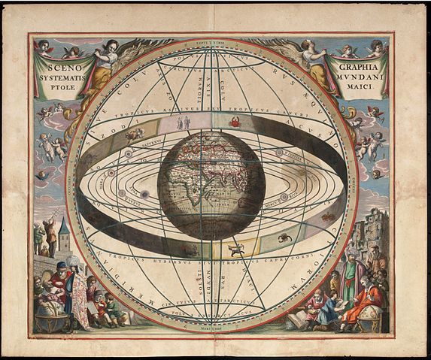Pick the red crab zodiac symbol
point(235,121)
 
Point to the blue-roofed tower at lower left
point(65,237)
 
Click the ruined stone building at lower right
point(376,233)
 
